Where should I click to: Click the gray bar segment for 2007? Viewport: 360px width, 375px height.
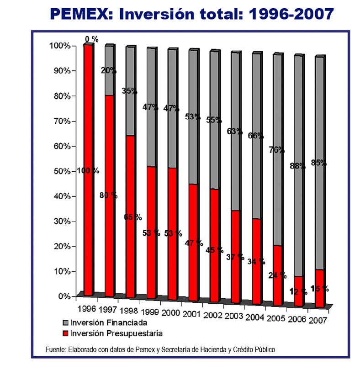pos(320,114)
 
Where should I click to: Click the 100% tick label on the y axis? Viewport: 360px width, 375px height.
pos(60,46)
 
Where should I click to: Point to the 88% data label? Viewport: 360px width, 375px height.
pos(297,166)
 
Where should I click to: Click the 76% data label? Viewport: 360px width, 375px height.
pos(277,150)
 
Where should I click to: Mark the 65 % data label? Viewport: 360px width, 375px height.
pos(133,217)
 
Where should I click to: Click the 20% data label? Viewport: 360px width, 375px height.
pos(109,71)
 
